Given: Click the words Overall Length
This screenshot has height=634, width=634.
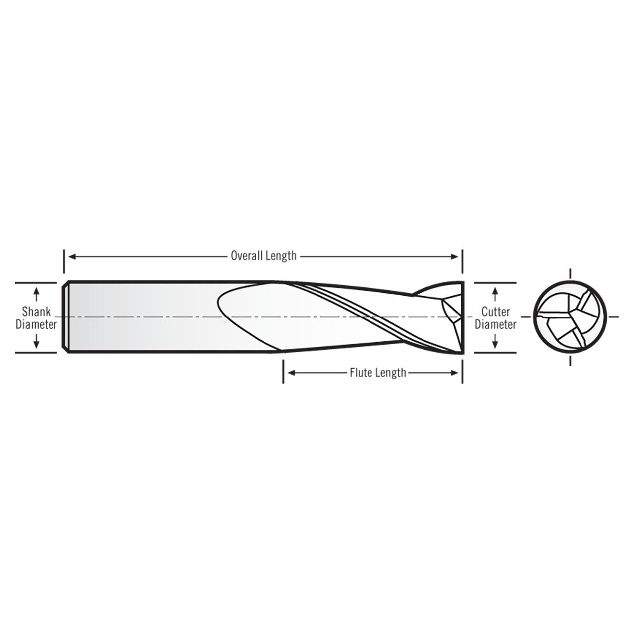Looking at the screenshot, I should coord(264,256).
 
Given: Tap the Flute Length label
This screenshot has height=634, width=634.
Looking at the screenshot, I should coord(377,372).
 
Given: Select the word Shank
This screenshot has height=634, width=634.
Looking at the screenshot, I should coord(36,312).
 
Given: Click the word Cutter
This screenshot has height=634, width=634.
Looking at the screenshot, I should coord(495,312).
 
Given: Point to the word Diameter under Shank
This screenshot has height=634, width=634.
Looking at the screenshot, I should coord(36,325).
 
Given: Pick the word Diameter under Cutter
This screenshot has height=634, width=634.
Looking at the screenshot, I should coord(495,325).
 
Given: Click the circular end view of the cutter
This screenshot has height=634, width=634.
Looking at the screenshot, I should coord(570,317).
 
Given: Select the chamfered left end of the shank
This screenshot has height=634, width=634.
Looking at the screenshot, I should coord(65,317).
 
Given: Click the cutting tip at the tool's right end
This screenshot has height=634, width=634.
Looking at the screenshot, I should coord(458,317).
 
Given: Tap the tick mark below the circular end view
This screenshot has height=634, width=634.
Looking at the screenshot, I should coord(570,360).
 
